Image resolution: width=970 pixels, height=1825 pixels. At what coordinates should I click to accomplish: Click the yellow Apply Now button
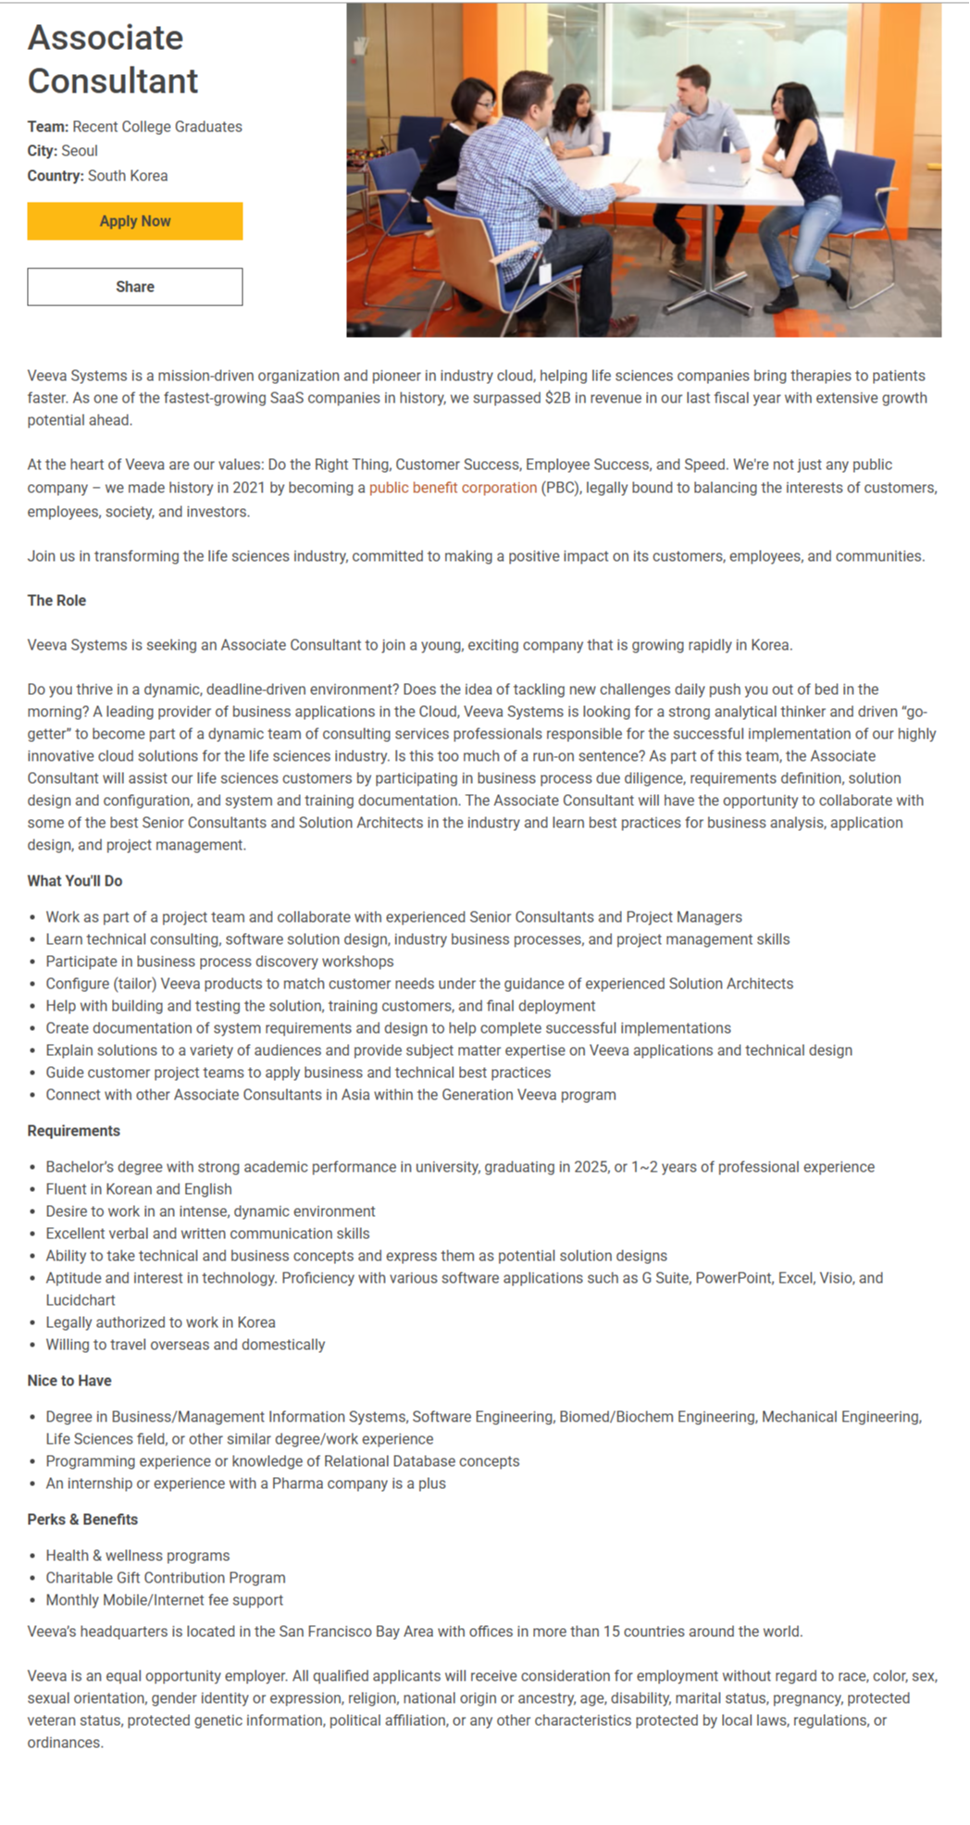click(x=135, y=221)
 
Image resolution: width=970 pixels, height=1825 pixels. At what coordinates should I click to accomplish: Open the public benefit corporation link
click(x=453, y=488)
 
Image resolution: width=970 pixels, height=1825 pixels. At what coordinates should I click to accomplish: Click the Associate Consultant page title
click(x=113, y=59)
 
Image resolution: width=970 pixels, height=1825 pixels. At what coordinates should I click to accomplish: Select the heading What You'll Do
click(x=75, y=881)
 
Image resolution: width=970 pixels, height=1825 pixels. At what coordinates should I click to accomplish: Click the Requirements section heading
click(x=74, y=1131)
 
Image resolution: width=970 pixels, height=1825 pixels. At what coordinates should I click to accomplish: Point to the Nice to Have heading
click(x=69, y=1381)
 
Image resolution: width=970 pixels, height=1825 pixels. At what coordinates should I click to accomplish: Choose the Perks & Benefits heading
click(x=82, y=1520)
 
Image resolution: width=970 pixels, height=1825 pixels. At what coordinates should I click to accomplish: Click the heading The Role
click(x=56, y=601)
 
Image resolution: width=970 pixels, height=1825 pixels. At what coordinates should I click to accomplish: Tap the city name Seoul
click(x=80, y=151)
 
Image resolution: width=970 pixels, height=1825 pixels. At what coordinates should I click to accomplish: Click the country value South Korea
click(x=128, y=176)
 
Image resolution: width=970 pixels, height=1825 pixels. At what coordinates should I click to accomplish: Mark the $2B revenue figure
click(x=557, y=398)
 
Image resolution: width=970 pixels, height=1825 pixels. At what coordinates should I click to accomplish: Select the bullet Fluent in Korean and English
click(x=139, y=1189)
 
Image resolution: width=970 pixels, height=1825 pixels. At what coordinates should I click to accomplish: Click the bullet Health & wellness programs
click(x=138, y=1556)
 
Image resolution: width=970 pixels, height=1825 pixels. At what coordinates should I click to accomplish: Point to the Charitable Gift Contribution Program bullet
click(x=166, y=1578)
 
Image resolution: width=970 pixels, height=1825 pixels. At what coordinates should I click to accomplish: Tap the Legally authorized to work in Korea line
click(x=161, y=1322)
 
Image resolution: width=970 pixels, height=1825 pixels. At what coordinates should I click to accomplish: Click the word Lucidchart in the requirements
click(x=81, y=1300)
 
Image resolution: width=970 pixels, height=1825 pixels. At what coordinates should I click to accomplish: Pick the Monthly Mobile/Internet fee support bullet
click(x=165, y=1600)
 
